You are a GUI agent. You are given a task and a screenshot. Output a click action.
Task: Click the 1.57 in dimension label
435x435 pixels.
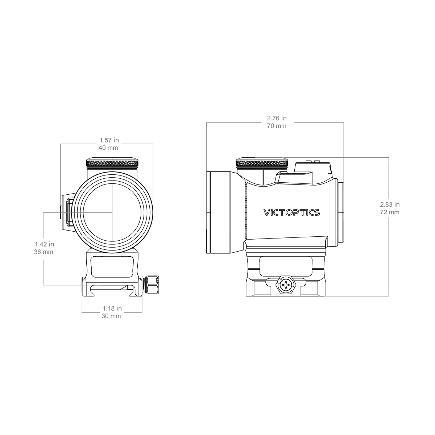click(x=109, y=140)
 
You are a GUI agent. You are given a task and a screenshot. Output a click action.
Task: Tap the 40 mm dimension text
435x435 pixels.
click(x=108, y=148)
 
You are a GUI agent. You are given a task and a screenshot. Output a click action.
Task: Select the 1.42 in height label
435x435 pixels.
click(x=45, y=244)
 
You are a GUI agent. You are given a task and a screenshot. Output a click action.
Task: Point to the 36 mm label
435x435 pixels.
click(x=43, y=252)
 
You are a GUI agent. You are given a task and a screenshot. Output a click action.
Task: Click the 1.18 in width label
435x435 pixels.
click(x=112, y=308)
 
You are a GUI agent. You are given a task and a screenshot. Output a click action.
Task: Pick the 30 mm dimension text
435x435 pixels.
click(x=111, y=316)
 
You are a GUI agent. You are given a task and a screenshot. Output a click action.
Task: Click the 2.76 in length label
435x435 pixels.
click(x=277, y=118)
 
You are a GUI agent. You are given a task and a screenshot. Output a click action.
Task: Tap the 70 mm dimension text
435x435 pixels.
click(x=277, y=126)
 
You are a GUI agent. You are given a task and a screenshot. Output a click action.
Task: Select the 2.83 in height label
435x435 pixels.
click(x=390, y=204)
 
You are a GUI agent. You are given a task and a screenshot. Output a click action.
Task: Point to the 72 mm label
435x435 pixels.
click(x=390, y=212)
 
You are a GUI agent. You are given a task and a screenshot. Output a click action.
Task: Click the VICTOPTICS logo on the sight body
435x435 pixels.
click(x=292, y=212)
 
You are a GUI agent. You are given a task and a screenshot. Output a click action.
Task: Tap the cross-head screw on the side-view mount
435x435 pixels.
click(x=286, y=285)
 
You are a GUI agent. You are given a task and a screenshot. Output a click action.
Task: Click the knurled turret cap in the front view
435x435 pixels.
click(x=112, y=163)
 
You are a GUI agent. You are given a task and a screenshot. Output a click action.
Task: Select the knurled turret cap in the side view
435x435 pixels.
click(x=262, y=163)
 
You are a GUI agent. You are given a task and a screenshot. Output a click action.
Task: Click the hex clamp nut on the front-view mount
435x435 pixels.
click(x=153, y=285)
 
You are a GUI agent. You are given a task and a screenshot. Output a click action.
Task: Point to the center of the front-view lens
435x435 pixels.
click(x=112, y=212)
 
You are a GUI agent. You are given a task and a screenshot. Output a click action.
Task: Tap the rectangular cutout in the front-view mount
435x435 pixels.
click(x=112, y=267)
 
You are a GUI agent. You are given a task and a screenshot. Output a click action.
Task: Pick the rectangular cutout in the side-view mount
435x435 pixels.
click(x=286, y=266)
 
